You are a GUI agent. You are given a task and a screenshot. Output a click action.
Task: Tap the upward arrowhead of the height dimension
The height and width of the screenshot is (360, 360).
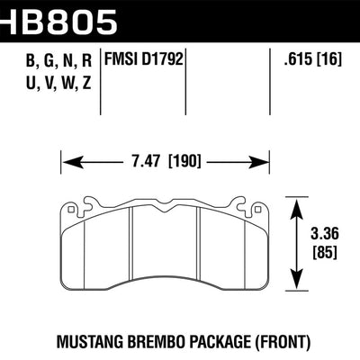coord(298,205)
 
